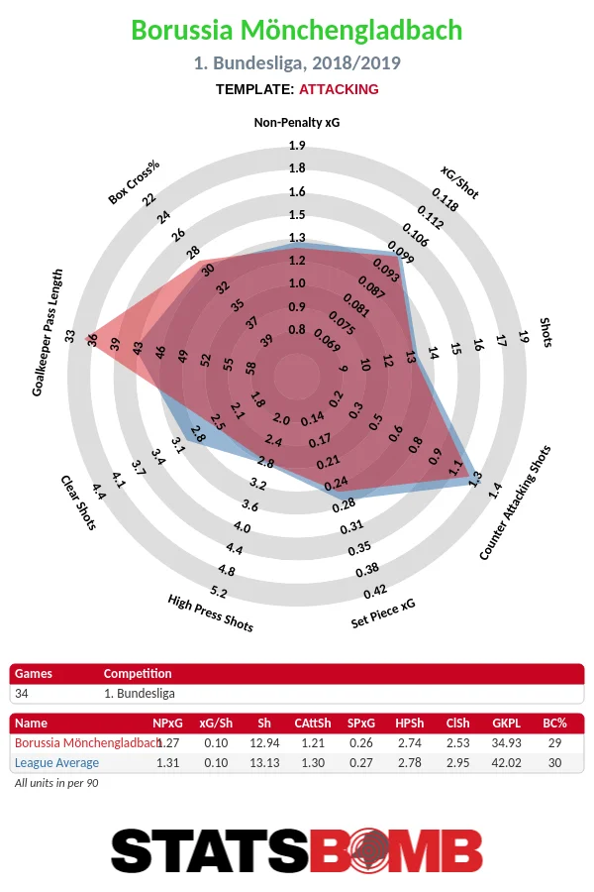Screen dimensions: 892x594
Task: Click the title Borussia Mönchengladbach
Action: (297, 31)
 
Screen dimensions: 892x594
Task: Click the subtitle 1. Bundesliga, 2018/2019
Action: (297, 63)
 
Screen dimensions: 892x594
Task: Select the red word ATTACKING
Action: (339, 89)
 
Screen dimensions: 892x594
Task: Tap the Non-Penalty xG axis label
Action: (297, 123)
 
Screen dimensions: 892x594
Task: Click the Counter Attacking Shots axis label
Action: (515, 502)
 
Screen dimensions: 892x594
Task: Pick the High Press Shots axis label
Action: (210, 613)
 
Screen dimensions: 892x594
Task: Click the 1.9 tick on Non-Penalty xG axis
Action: (297, 146)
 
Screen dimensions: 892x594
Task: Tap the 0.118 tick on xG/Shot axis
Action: (445, 205)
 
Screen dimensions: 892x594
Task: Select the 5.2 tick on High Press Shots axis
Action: (219, 593)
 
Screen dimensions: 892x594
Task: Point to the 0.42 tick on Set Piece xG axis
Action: (374, 593)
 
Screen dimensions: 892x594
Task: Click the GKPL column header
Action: (507, 724)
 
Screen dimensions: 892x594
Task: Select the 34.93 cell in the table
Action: (507, 743)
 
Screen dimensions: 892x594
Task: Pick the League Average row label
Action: (56, 763)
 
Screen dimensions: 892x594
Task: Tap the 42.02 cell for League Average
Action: (507, 763)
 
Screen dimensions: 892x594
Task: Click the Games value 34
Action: (22, 693)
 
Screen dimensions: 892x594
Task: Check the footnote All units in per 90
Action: (56, 783)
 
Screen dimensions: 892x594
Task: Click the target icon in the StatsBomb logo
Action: (372, 851)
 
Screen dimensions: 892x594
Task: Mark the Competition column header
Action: (138, 674)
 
